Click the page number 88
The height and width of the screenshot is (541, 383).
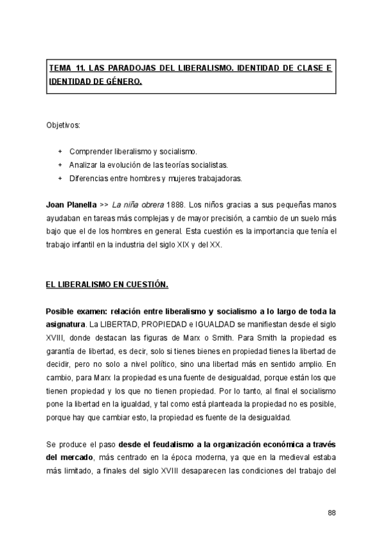pyautogui.click(x=331, y=513)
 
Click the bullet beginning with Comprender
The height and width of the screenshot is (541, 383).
pyautogui.click(x=133, y=152)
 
